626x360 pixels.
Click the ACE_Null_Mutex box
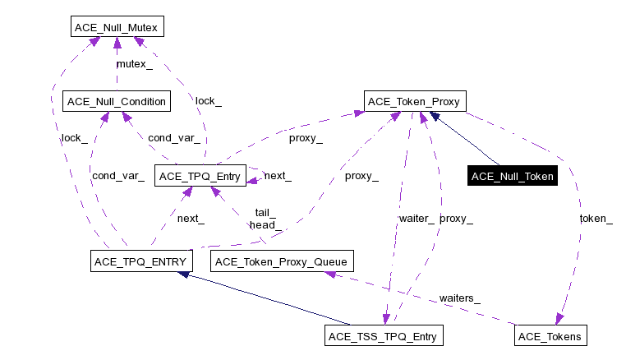click(116, 27)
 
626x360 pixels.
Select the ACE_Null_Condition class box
click(116, 102)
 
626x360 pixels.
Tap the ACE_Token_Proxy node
click(416, 102)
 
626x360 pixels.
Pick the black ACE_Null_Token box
click(513, 176)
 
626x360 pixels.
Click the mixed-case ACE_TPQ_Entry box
click(200, 176)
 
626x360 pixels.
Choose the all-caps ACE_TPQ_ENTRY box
click(140, 261)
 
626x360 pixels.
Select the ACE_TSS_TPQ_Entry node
click(384, 336)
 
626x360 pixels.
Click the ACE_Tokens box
click(550, 336)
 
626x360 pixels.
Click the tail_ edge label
click(265, 212)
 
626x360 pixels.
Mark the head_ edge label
click(265, 224)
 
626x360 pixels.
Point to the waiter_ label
click(417, 219)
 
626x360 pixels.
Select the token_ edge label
click(596, 219)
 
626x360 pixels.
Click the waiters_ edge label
click(459, 298)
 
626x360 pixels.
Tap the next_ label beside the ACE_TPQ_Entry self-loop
click(278, 176)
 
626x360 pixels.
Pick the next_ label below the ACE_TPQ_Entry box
click(191, 219)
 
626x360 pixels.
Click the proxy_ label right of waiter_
click(456, 219)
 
